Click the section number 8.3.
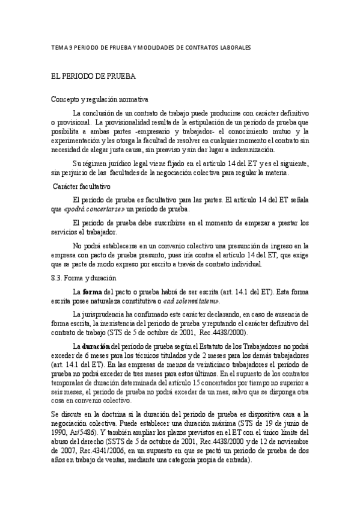[x=58, y=278]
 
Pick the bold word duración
[x=96, y=347]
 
